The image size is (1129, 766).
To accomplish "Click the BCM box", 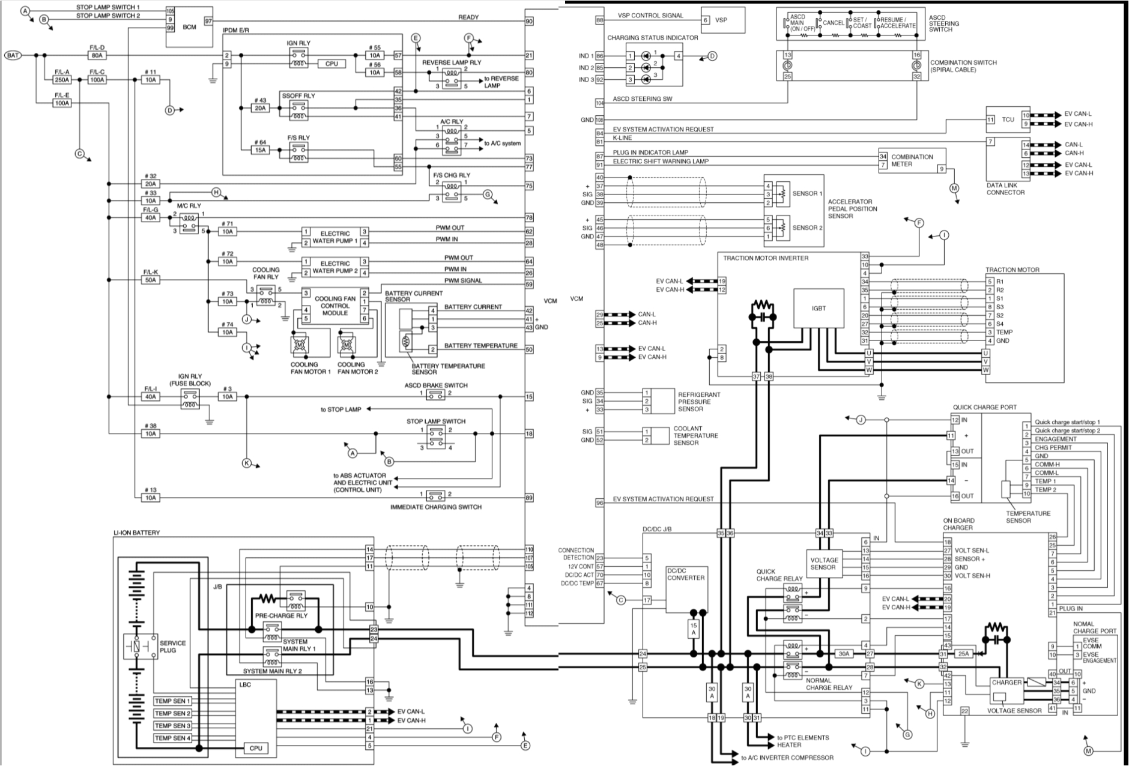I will coord(189,27).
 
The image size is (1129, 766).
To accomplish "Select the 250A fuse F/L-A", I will coord(62,80).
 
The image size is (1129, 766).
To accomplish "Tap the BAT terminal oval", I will coord(13,55).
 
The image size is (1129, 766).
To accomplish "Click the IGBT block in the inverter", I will coord(819,309).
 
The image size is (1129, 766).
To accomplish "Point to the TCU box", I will coord(1008,119).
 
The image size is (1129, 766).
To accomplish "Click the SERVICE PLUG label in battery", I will coord(172,647).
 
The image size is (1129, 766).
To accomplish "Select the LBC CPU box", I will coord(255,749).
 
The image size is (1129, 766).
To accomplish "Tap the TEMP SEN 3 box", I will coord(173,726).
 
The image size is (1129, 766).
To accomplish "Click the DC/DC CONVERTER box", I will coord(686,588).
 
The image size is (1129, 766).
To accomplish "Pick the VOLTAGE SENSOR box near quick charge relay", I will coord(823,563).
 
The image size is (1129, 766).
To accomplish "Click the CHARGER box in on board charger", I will coord(1006,683).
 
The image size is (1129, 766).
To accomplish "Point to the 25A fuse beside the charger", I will coord(964,654).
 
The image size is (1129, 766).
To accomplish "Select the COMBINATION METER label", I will coord(912,160).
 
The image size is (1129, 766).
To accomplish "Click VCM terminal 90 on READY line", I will coord(529,21).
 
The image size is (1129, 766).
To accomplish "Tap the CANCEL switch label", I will coord(833,23).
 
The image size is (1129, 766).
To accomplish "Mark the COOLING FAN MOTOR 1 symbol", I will coord(299,346).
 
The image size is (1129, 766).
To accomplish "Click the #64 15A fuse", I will coord(260,150).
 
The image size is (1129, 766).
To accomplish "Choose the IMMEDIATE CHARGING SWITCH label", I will coord(435,507).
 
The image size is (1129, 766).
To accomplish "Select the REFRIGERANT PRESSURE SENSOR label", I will coord(698,402).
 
